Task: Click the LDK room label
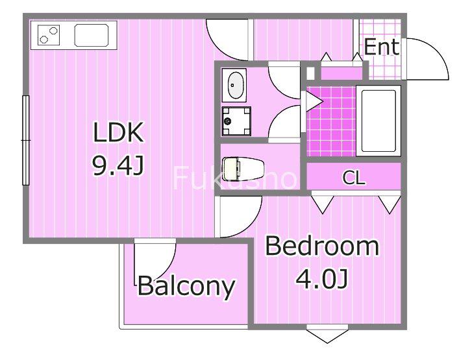tap(118, 132)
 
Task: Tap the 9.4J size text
tap(118, 167)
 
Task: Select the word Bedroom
tap(322, 246)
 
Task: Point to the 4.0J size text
tap(322, 279)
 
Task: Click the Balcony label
tap(186, 286)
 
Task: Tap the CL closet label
tap(354, 178)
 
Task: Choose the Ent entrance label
tap(382, 47)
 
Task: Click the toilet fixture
tap(243, 169)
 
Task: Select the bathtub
tap(378, 121)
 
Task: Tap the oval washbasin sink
tap(234, 85)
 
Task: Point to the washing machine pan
tap(236, 121)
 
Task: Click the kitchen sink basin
tap(92, 35)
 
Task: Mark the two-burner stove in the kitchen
tap(49, 35)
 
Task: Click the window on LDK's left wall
tap(26, 140)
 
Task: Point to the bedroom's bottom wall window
tap(327, 333)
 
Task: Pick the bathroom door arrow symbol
tap(314, 102)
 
